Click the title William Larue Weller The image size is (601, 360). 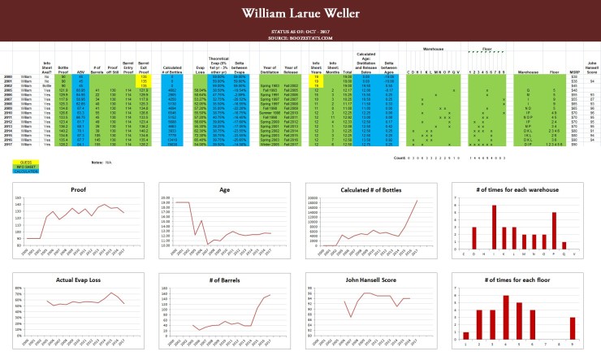(300, 15)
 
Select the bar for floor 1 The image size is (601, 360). (466, 335)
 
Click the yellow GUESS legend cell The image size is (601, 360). (15, 163)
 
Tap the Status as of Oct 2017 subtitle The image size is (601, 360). (300, 33)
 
